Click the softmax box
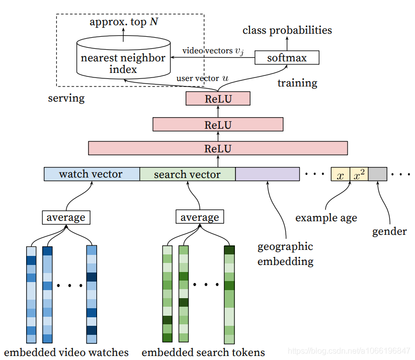pyautogui.click(x=287, y=57)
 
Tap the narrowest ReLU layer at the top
pyautogui.click(x=218, y=99)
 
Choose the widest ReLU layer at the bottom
pyautogui.click(x=218, y=148)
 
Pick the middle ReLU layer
pyautogui.click(x=218, y=124)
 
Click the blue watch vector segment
pyautogui.click(x=91, y=174)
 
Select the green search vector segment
pyautogui.click(x=187, y=174)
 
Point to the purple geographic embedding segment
pyautogui.click(x=268, y=174)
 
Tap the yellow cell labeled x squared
pyautogui.click(x=359, y=174)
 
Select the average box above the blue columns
pyautogui.click(x=66, y=217)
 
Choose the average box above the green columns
pyautogui.click(x=200, y=217)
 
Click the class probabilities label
pyautogui.click(x=287, y=30)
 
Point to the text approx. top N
pyautogui.click(x=123, y=22)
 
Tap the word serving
pyautogui.click(x=66, y=98)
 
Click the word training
pyautogui.click(x=297, y=83)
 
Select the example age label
pyautogui.click(x=326, y=218)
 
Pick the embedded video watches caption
pyautogui.click(x=66, y=352)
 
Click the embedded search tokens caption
pyautogui.click(x=203, y=352)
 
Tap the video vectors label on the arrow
pyautogui.click(x=213, y=51)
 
